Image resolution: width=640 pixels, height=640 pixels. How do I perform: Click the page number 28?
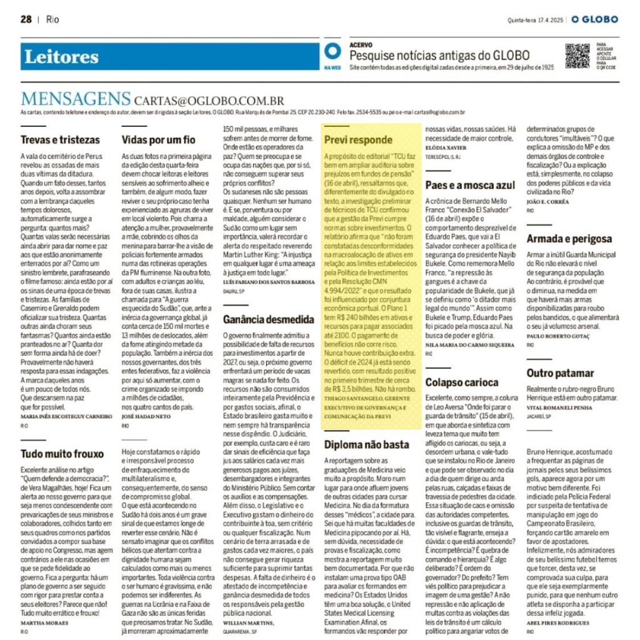(x=26, y=19)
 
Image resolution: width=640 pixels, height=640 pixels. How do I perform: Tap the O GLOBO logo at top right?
(x=594, y=19)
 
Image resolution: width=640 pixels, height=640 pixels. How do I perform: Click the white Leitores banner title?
(x=61, y=57)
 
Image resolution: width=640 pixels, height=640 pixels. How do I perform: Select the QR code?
(x=577, y=56)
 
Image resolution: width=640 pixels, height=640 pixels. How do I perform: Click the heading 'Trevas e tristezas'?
(x=60, y=140)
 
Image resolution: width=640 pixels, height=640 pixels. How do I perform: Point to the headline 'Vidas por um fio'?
(x=158, y=140)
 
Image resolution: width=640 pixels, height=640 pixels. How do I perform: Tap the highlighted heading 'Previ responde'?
(x=358, y=140)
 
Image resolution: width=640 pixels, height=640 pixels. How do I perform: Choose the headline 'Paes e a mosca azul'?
(x=470, y=185)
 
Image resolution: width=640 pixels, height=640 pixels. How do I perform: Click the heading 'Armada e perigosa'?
(x=569, y=239)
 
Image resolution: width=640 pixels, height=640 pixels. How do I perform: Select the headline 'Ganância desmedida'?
(x=269, y=320)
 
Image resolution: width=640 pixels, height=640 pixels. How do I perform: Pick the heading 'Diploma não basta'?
(x=366, y=445)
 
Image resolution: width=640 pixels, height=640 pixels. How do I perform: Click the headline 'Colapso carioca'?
(x=462, y=382)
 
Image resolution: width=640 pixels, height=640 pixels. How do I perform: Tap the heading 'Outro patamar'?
(x=560, y=373)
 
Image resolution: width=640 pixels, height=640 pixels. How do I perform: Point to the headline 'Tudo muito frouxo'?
(x=62, y=454)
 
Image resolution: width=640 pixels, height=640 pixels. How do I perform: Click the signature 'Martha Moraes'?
(x=44, y=623)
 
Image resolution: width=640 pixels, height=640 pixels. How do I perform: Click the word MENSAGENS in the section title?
(x=76, y=99)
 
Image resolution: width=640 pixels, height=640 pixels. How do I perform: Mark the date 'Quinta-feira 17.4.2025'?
(x=535, y=20)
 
